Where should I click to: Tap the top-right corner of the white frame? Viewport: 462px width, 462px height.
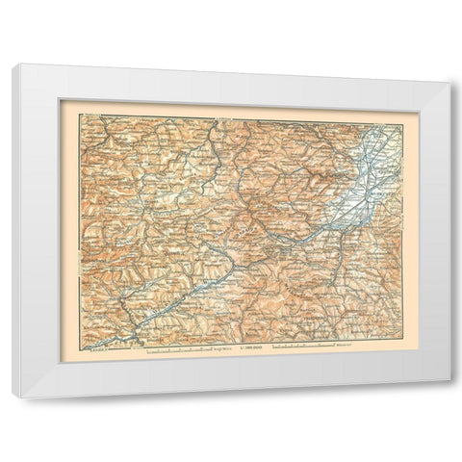coord(449,64)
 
